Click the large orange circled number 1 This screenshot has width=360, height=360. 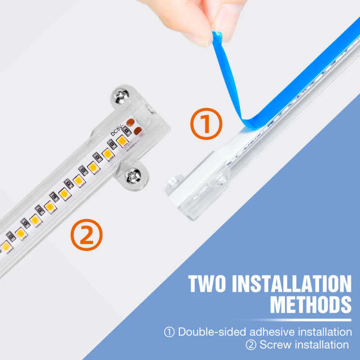(x=206, y=124)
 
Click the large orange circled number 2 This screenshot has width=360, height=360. (x=86, y=234)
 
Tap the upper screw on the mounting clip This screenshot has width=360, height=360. (x=122, y=95)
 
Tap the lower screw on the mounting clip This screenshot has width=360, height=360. (x=133, y=176)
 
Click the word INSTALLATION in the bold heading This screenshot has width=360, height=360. (x=292, y=284)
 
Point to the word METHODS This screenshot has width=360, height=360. (x=311, y=305)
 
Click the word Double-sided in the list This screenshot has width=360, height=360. (x=212, y=332)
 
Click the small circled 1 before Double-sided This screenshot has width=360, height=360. (x=169, y=332)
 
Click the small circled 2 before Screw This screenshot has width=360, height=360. (x=251, y=345)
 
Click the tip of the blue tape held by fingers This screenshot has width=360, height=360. (x=217, y=34)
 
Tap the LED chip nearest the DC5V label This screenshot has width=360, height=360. (x=122, y=140)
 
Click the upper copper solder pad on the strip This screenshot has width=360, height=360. (x=130, y=122)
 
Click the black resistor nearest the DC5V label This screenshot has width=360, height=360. (x=126, y=131)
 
